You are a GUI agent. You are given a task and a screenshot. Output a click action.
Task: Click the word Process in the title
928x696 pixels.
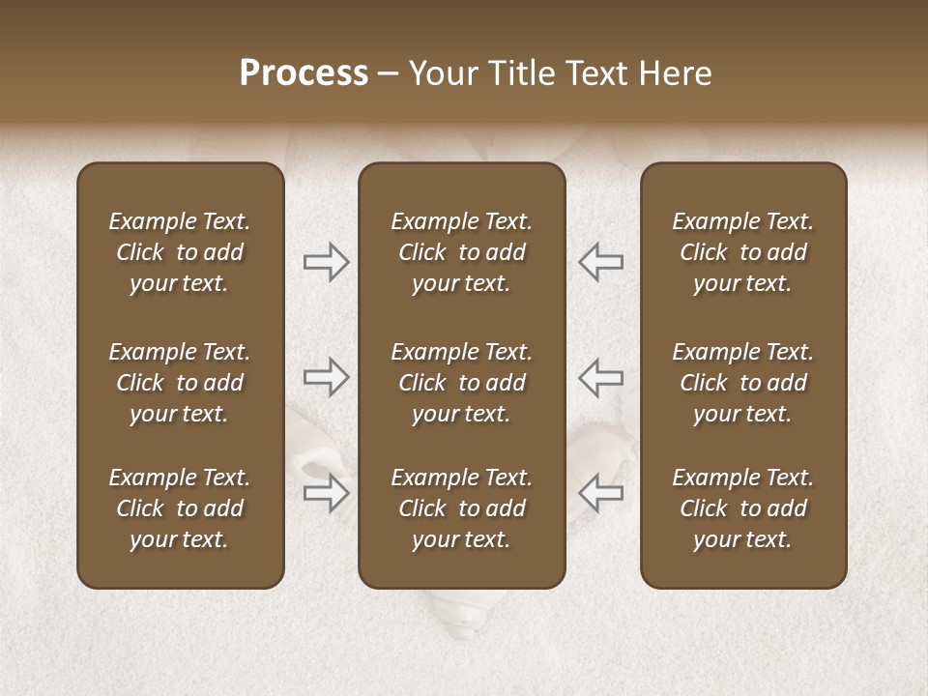(304, 73)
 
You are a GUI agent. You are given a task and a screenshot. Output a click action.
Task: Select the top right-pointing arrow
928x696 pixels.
(327, 261)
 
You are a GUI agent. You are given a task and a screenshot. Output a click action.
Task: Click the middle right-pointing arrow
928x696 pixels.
(327, 377)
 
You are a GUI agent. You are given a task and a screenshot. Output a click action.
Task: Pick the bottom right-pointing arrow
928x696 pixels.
(327, 493)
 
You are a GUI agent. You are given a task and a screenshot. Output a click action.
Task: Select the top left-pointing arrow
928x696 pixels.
(600, 261)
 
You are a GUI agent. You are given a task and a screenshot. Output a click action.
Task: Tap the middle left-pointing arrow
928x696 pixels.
(600, 377)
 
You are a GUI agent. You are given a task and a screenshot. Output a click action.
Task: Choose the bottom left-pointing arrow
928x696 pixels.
(600, 493)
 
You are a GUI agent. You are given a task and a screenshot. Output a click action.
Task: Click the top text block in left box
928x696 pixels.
(180, 252)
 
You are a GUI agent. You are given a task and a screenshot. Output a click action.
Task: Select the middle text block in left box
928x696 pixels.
(180, 383)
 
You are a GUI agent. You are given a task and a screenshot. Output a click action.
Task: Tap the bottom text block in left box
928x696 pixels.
(180, 508)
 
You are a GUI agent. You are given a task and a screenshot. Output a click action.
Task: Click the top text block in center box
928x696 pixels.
(461, 252)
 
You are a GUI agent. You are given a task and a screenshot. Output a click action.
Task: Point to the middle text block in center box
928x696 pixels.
(461, 383)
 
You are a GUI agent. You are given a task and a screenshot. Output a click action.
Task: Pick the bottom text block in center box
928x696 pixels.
(461, 508)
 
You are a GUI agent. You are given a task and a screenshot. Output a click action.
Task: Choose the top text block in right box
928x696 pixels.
(743, 252)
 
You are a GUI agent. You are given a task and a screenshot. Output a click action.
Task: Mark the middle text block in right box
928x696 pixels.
(743, 383)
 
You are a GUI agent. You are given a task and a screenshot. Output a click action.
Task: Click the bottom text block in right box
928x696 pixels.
(743, 508)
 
